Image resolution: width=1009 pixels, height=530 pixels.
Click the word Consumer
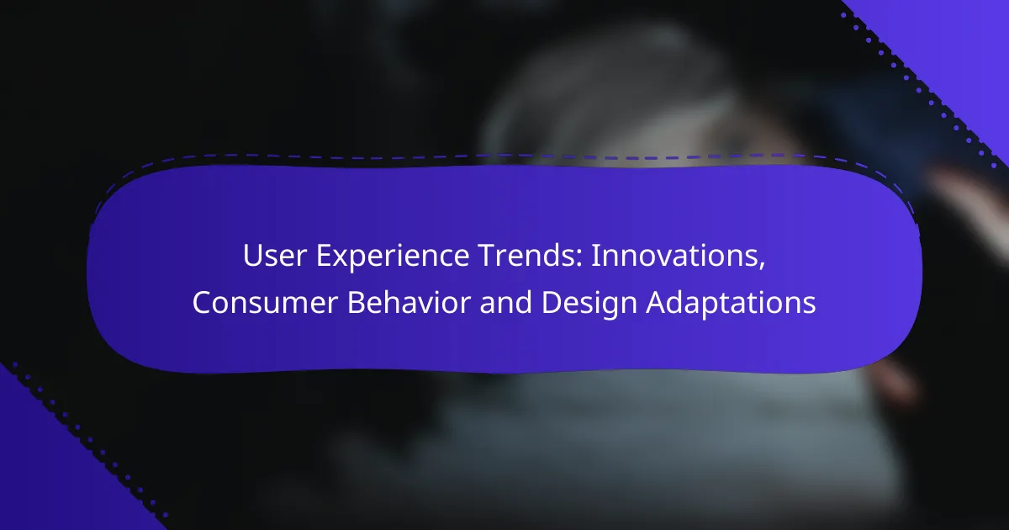point(265,302)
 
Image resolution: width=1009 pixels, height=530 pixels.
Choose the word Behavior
point(409,301)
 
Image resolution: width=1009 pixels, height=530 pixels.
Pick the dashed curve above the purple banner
point(504,157)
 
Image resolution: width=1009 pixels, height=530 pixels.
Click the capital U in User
point(254,256)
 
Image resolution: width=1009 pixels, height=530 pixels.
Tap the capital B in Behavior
point(357,302)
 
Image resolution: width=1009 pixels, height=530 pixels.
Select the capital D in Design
point(552,302)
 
